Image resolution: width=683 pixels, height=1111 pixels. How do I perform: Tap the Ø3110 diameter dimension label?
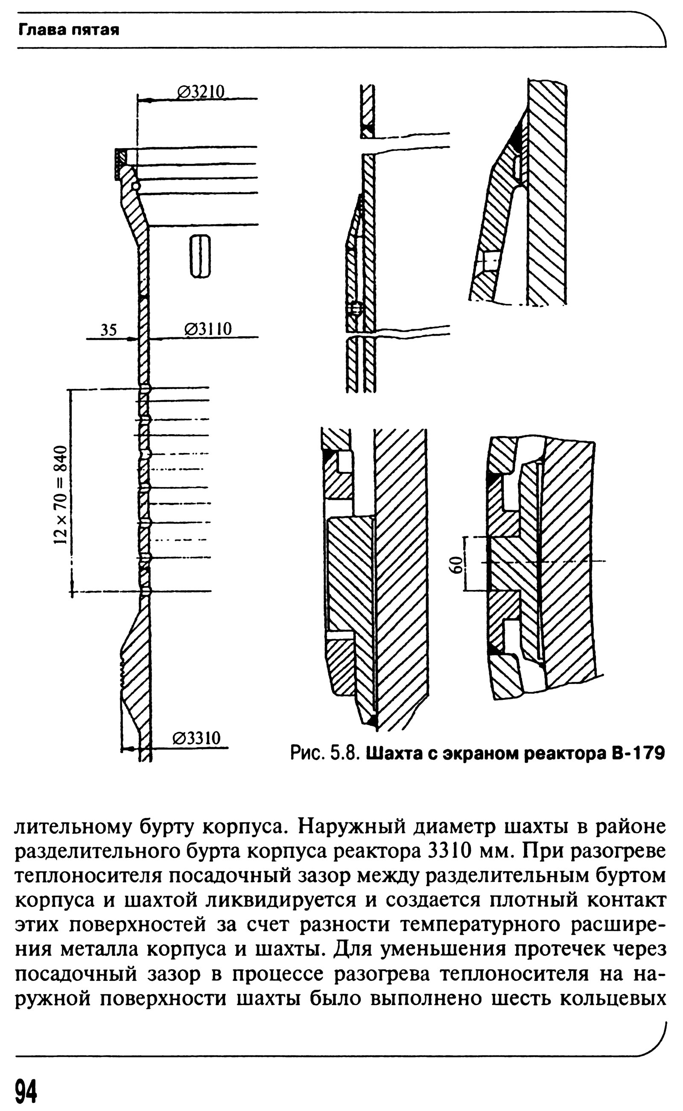[x=208, y=329]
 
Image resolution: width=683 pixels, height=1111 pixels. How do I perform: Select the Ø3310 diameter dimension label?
[x=196, y=738]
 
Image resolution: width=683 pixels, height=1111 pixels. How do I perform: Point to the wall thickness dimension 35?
[x=108, y=330]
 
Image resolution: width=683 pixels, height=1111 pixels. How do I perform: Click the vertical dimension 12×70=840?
[x=61, y=495]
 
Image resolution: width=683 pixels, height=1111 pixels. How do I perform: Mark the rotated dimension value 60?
[x=457, y=564]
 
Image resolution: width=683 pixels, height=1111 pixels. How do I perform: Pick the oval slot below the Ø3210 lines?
[x=199, y=256]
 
